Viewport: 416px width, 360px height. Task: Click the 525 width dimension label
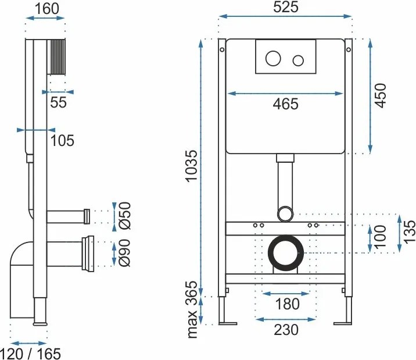(x=286, y=7)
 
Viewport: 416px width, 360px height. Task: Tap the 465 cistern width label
(x=285, y=104)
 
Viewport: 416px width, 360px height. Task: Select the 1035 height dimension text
(x=192, y=166)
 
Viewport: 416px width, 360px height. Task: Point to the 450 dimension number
(x=381, y=95)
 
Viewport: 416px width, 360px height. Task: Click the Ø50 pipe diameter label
(x=125, y=216)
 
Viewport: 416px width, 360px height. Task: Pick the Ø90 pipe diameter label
(x=125, y=253)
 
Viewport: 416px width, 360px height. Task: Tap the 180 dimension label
(x=287, y=304)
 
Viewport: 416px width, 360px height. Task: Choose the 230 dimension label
(x=286, y=330)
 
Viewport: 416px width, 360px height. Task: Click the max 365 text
(x=192, y=309)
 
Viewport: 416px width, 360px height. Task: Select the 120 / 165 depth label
(x=31, y=354)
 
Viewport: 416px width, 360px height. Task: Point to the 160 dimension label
(x=47, y=9)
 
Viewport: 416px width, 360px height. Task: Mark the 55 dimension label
(x=58, y=102)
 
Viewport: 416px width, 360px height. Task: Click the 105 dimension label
(x=62, y=140)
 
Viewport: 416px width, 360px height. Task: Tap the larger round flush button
(x=273, y=58)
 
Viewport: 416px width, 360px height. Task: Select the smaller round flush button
(x=298, y=61)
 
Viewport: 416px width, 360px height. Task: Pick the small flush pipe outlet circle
(x=285, y=213)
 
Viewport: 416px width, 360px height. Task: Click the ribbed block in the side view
(x=56, y=57)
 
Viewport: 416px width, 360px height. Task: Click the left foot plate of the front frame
(x=228, y=323)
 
